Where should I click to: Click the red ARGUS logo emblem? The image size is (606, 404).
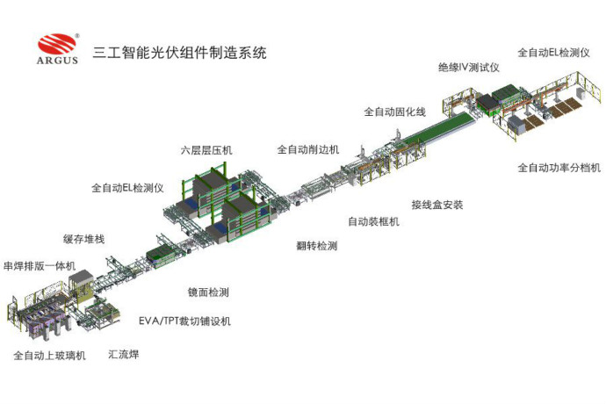tap(57, 43)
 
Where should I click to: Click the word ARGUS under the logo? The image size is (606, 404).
tap(57, 60)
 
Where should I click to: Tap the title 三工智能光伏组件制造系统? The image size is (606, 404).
tap(179, 53)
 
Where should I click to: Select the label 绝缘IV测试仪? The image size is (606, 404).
tap(469, 68)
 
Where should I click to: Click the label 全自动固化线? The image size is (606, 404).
tap(394, 112)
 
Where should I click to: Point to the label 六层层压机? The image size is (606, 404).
tap(206, 150)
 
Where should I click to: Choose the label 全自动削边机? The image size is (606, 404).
tap(308, 149)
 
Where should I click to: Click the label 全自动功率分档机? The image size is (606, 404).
tap(559, 168)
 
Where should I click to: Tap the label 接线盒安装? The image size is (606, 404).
tap(437, 205)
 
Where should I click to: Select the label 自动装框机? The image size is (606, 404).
tap(373, 221)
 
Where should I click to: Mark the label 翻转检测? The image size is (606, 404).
tap(317, 246)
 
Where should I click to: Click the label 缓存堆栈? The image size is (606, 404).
tap(83, 239)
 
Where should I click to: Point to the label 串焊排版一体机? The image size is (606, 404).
tap(40, 266)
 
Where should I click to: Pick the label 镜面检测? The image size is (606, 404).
tap(208, 292)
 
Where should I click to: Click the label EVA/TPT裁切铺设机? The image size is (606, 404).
tap(184, 321)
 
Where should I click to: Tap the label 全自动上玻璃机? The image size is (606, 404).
tap(49, 356)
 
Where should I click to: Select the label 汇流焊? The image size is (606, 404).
tap(123, 354)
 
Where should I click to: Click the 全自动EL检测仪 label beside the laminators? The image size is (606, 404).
tap(127, 188)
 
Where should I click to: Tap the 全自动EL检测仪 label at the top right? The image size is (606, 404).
tap(553, 53)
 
